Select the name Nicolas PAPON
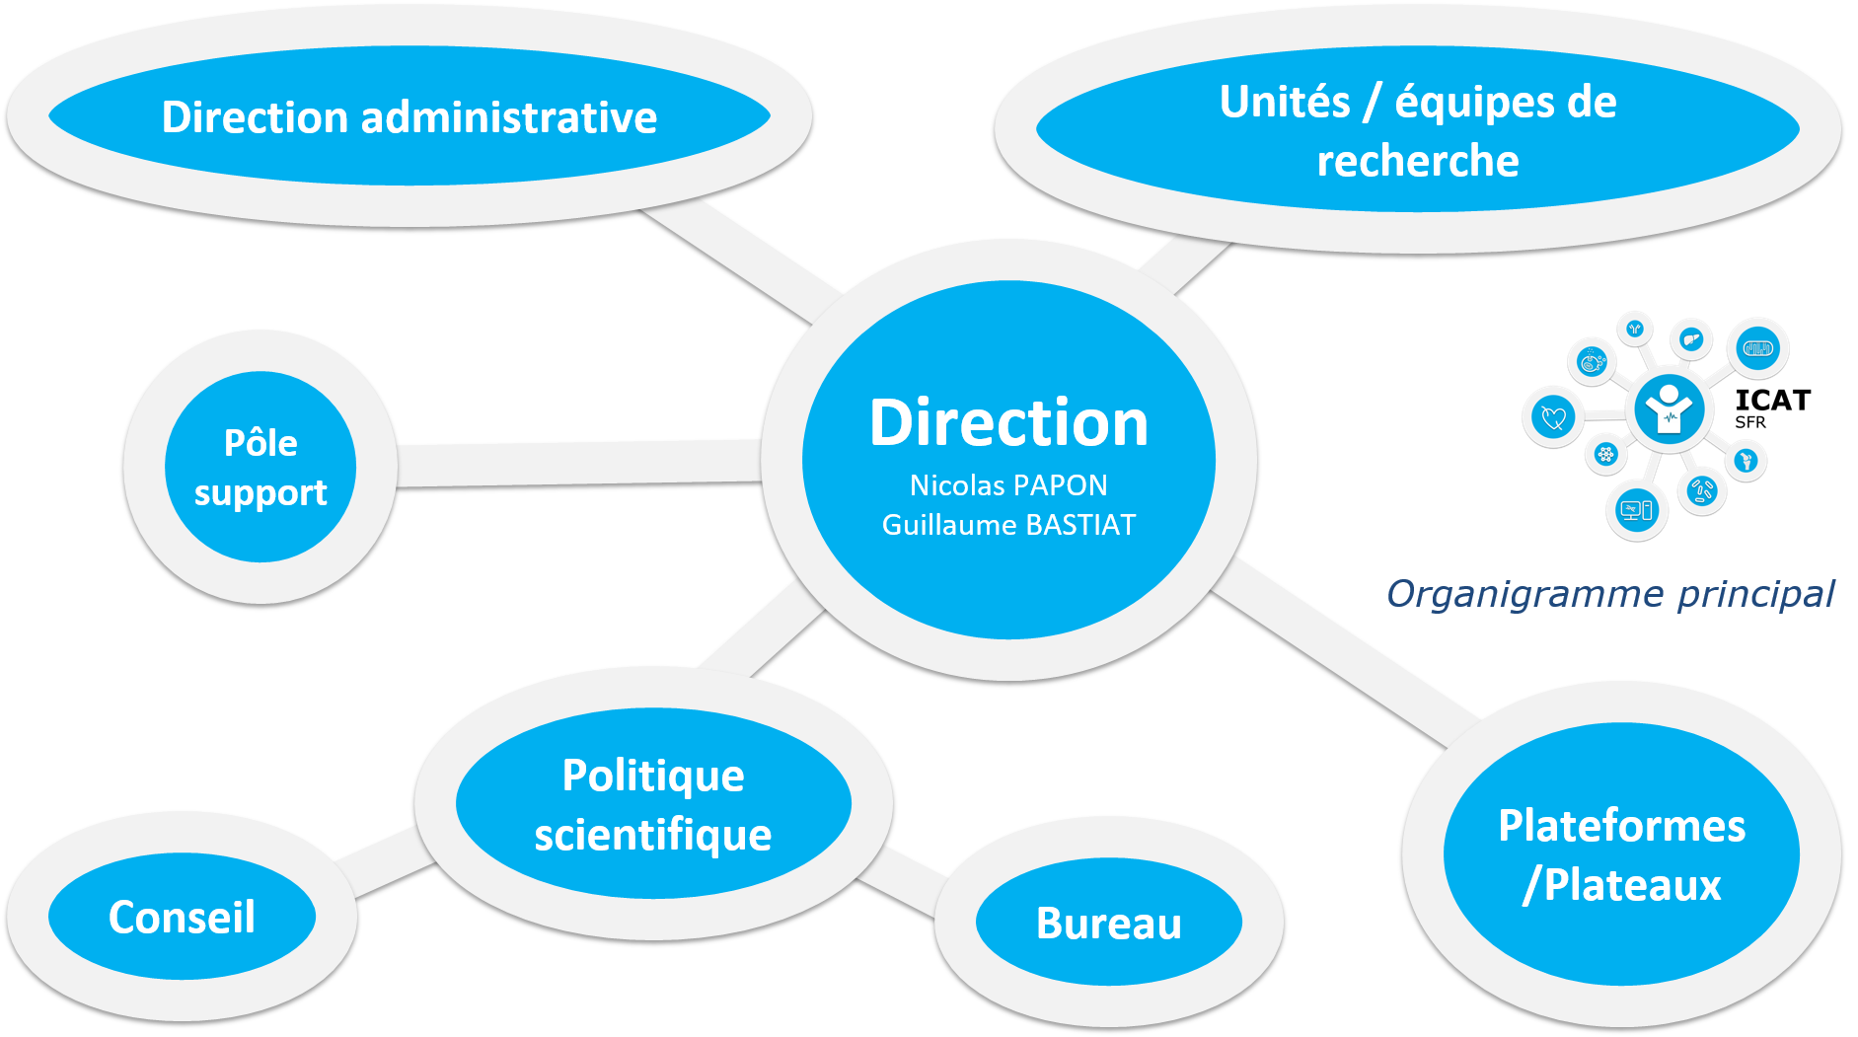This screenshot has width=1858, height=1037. point(1008,485)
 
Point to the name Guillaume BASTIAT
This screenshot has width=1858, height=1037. point(1008,525)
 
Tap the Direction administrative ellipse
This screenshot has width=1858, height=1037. point(409,117)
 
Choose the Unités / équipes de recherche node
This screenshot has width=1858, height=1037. point(1418,130)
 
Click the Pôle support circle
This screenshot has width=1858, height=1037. point(260,468)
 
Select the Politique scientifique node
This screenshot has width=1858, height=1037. point(653,804)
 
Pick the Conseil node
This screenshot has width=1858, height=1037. point(182,918)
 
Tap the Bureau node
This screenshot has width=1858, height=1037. point(1109,924)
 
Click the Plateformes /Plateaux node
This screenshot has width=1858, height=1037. point(1621,854)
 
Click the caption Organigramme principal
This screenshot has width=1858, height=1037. point(1610,594)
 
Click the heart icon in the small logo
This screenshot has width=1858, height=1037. point(1553,416)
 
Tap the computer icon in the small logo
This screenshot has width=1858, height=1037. point(1636,510)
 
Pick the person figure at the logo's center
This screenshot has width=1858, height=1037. point(1669,407)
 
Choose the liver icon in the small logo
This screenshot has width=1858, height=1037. point(1691,339)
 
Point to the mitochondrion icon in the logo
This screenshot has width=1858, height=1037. point(1758,348)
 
